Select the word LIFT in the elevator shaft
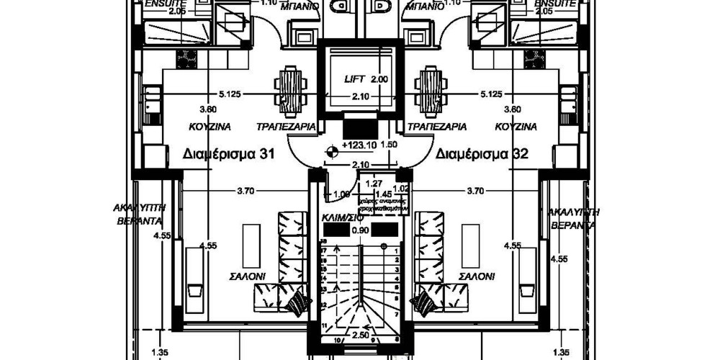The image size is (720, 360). pyautogui.click(x=356, y=79)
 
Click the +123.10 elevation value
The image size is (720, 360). pyautogui.click(x=360, y=145)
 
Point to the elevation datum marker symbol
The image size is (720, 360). pyautogui.click(x=331, y=150)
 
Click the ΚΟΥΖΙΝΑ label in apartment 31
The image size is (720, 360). pyautogui.click(x=210, y=127)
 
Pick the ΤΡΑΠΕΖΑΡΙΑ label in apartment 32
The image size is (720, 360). pyautogui.click(x=436, y=127)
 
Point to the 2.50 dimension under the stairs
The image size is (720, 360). pyautogui.click(x=360, y=336)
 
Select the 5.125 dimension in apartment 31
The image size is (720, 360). pyautogui.click(x=228, y=94)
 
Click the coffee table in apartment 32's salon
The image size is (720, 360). pyautogui.click(x=470, y=245)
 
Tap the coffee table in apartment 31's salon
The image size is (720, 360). pyautogui.click(x=251, y=245)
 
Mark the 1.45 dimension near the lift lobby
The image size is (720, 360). pyautogui.click(x=383, y=194)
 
